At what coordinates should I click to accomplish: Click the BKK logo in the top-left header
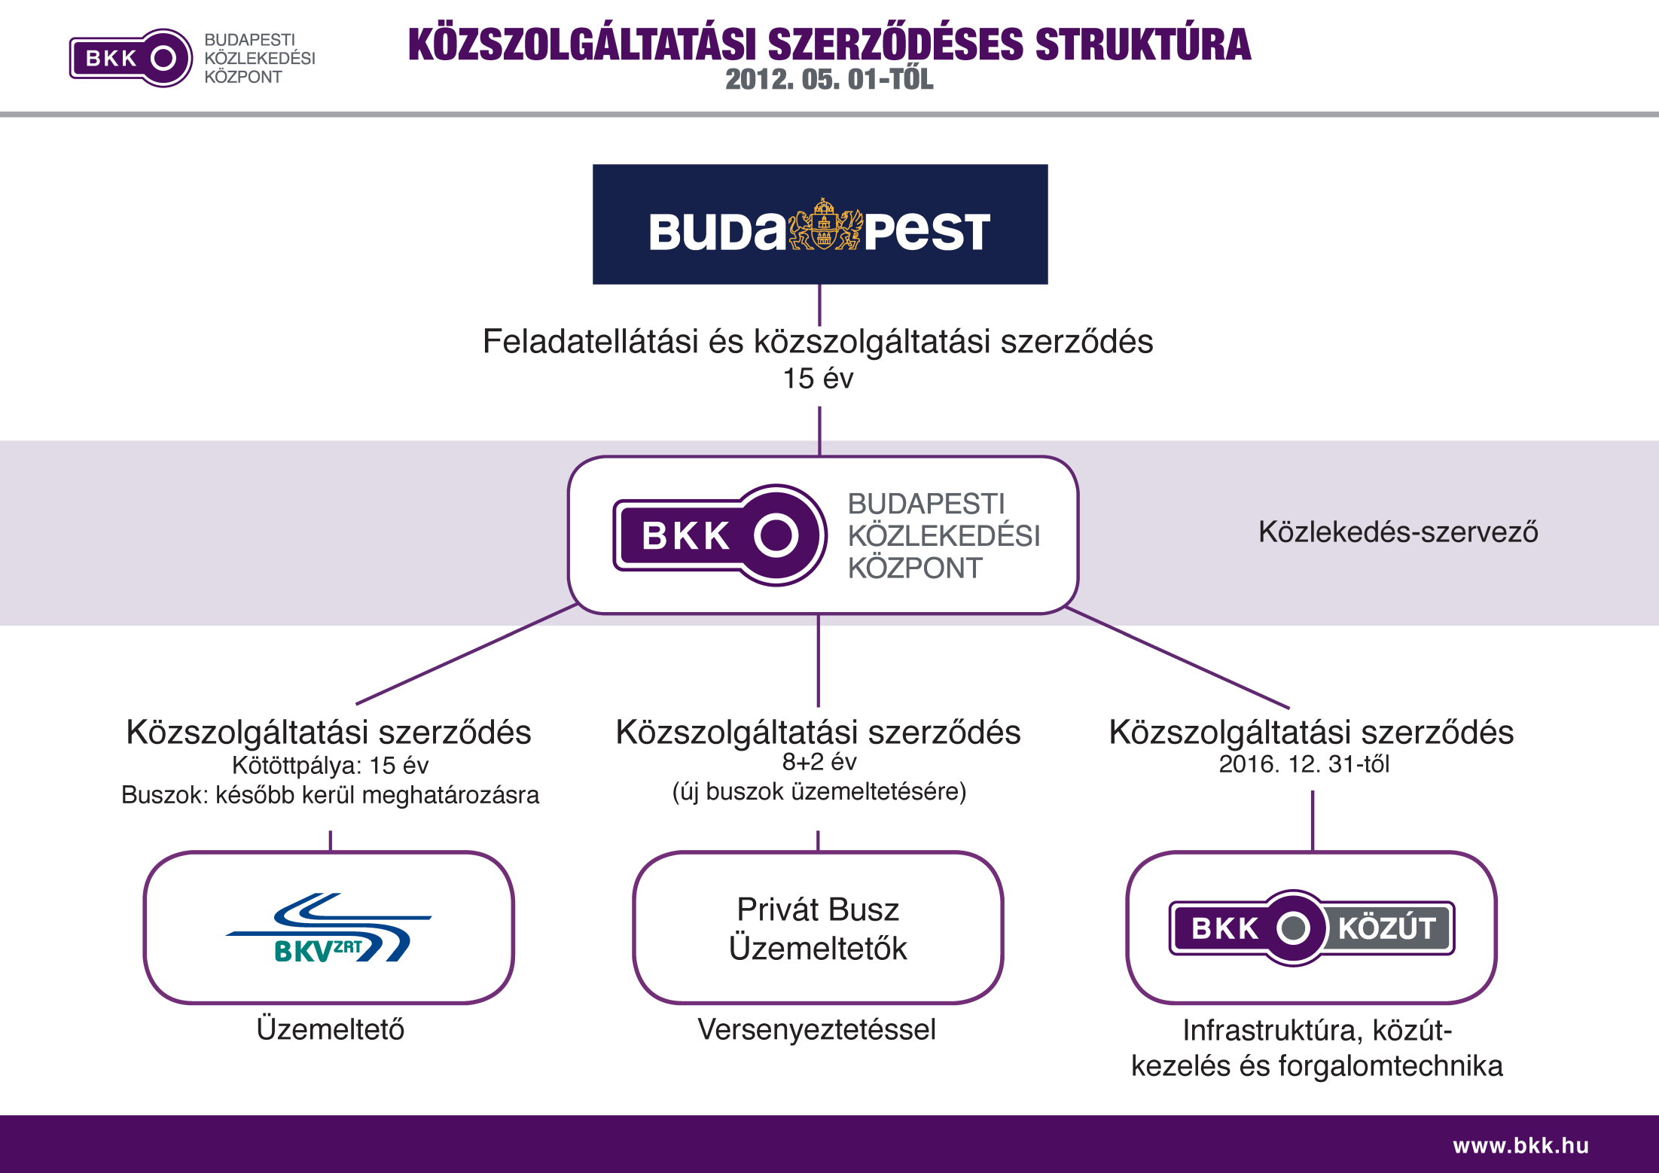[131, 58]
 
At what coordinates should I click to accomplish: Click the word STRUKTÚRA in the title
[1143, 44]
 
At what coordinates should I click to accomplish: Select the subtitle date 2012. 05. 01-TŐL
[829, 80]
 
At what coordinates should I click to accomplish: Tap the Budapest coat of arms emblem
[825, 224]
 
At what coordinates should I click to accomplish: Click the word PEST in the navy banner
[926, 231]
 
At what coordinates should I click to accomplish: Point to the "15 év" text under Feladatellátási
[819, 379]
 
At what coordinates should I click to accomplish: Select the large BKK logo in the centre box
[720, 535]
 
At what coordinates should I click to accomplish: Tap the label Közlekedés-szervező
[1398, 532]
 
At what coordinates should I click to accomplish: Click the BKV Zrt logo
[328, 928]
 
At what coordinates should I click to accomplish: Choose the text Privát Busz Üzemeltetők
[818, 928]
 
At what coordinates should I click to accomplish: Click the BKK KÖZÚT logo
[1312, 928]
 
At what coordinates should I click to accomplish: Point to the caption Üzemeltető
[331, 1029]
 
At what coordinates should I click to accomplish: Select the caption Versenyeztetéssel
[817, 1030]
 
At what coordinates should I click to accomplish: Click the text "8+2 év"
[819, 762]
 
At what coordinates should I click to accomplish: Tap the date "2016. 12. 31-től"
[1304, 764]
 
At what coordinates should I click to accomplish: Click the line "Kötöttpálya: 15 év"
[330, 765]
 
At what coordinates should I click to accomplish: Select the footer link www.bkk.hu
[1521, 1145]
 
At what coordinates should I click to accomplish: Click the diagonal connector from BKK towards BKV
[467, 654]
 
